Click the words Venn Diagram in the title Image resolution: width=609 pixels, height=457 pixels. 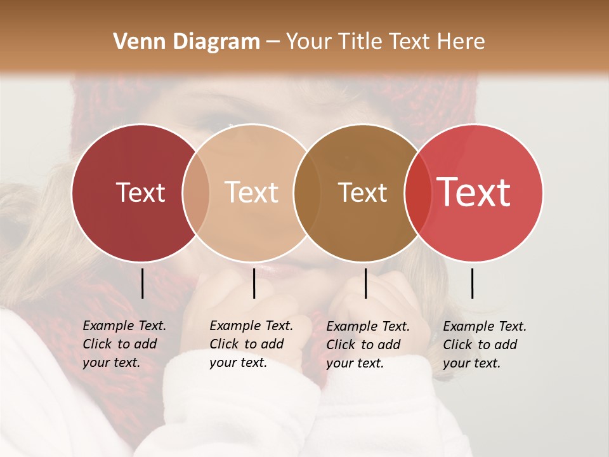click(187, 42)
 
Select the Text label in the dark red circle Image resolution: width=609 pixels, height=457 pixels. click(140, 192)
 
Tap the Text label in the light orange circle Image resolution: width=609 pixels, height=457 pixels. click(251, 192)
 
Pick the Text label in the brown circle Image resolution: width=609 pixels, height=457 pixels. click(362, 192)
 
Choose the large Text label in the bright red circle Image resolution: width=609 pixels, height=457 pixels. click(474, 192)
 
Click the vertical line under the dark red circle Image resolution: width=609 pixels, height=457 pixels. click(143, 283)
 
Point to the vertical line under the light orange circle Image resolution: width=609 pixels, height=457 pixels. click(254, 283)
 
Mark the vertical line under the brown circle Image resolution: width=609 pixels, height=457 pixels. click(365, 283)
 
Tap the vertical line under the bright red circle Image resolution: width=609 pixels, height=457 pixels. click(473, 283)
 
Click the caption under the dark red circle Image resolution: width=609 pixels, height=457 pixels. click(124, 344)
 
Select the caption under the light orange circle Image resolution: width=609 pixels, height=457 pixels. click(251, 344)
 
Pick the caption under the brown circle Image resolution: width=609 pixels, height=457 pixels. click(368, 344)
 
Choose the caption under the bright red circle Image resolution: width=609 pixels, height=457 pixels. click(485, 344)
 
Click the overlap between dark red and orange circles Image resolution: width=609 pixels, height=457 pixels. click(196, 192)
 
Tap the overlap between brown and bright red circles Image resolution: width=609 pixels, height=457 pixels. click(417, 192)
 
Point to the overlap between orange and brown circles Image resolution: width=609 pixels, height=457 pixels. click(308, 192)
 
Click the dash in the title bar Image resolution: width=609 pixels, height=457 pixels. click(273, 42)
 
